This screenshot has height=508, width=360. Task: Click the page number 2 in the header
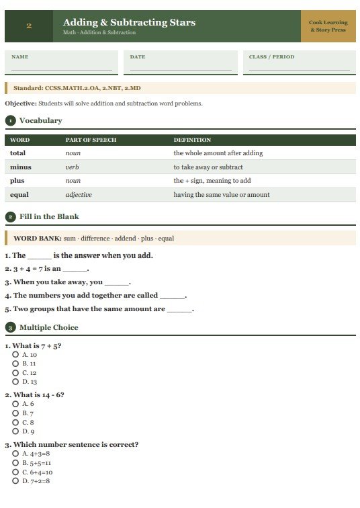click(29, 26)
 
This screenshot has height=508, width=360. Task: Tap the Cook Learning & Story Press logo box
click(328, 26)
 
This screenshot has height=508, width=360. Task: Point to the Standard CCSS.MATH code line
click(77, 88)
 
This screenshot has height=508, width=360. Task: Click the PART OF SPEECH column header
click(91, 140)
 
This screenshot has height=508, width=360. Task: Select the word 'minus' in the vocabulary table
click(21, 167)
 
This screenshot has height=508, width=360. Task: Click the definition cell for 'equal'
click(222, 195)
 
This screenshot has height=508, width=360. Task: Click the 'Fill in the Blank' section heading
click(49, 216)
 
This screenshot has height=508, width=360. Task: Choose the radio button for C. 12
click(15, 372)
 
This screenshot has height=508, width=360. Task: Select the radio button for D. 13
click(15, 382)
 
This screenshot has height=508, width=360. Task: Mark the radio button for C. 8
click(15, 422)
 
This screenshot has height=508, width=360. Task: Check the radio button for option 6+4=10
click(15, 472)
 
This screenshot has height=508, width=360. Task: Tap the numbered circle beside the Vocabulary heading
click(10, 121)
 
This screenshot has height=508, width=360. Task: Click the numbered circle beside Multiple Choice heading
click(10, 327)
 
